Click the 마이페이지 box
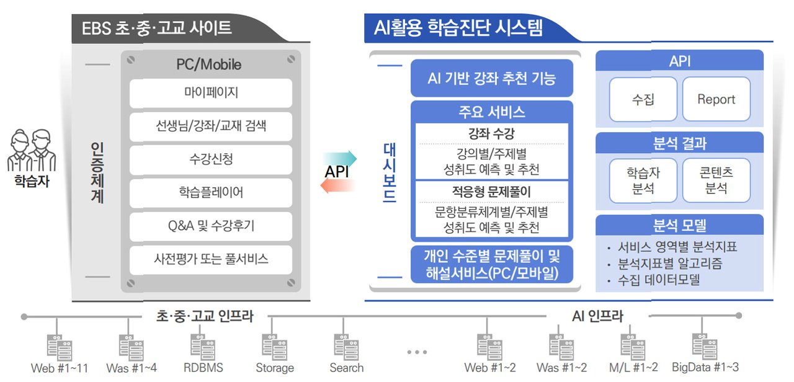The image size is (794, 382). pyautogui.click(x=211, y=94)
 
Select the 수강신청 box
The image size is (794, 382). pyautogui.click(x=211, y=159)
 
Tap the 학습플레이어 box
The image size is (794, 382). pyautogui.click(x=211, y=193)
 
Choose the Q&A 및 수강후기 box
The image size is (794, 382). pyautogui.click(x=211, y=226)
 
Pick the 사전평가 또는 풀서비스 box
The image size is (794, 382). pyautogui.click(x=211, y=259)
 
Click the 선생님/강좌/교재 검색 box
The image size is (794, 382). pyautogui.click(x=211, y=127)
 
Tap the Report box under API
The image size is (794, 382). pyautogui.click(x=716, y=99)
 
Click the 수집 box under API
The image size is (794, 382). pyautogui.click(x=643, y=99)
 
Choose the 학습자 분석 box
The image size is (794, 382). pyautogui.click(x=643, y=180)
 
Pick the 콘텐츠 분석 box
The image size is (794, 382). pyautogui.click(x=716, y=180)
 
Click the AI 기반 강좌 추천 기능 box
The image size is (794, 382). pyautogui.click(x=491, y=79)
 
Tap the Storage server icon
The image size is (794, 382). pyautogui.click(x=275, y=347)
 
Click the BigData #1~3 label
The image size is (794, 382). pyautogui.click(x=705, y=367)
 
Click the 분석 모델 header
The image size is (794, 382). pyautogui.click(x=679, y=225)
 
